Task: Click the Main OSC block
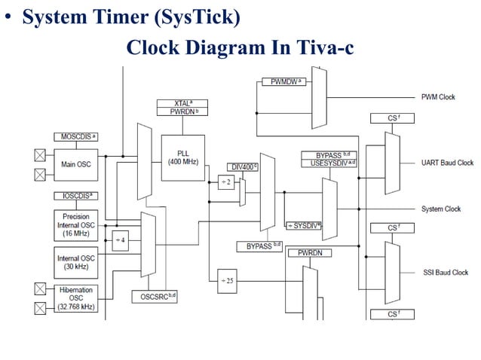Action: point(75,165)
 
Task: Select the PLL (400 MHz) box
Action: point(182,159)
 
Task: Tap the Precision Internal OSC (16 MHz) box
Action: point(75,225)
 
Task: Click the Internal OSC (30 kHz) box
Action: point(75,263)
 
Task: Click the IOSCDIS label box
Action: point(75,196)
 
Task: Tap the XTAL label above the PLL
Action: point(182,103)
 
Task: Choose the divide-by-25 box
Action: point(227,281)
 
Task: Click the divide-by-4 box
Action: point(120,240)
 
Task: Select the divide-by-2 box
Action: point(225,183)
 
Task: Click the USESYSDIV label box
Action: point(329,163)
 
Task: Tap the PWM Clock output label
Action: point(438,97)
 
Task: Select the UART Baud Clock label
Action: point(447,163)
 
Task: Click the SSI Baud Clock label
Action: point(445,273)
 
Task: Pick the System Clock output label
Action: point(441,209)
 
